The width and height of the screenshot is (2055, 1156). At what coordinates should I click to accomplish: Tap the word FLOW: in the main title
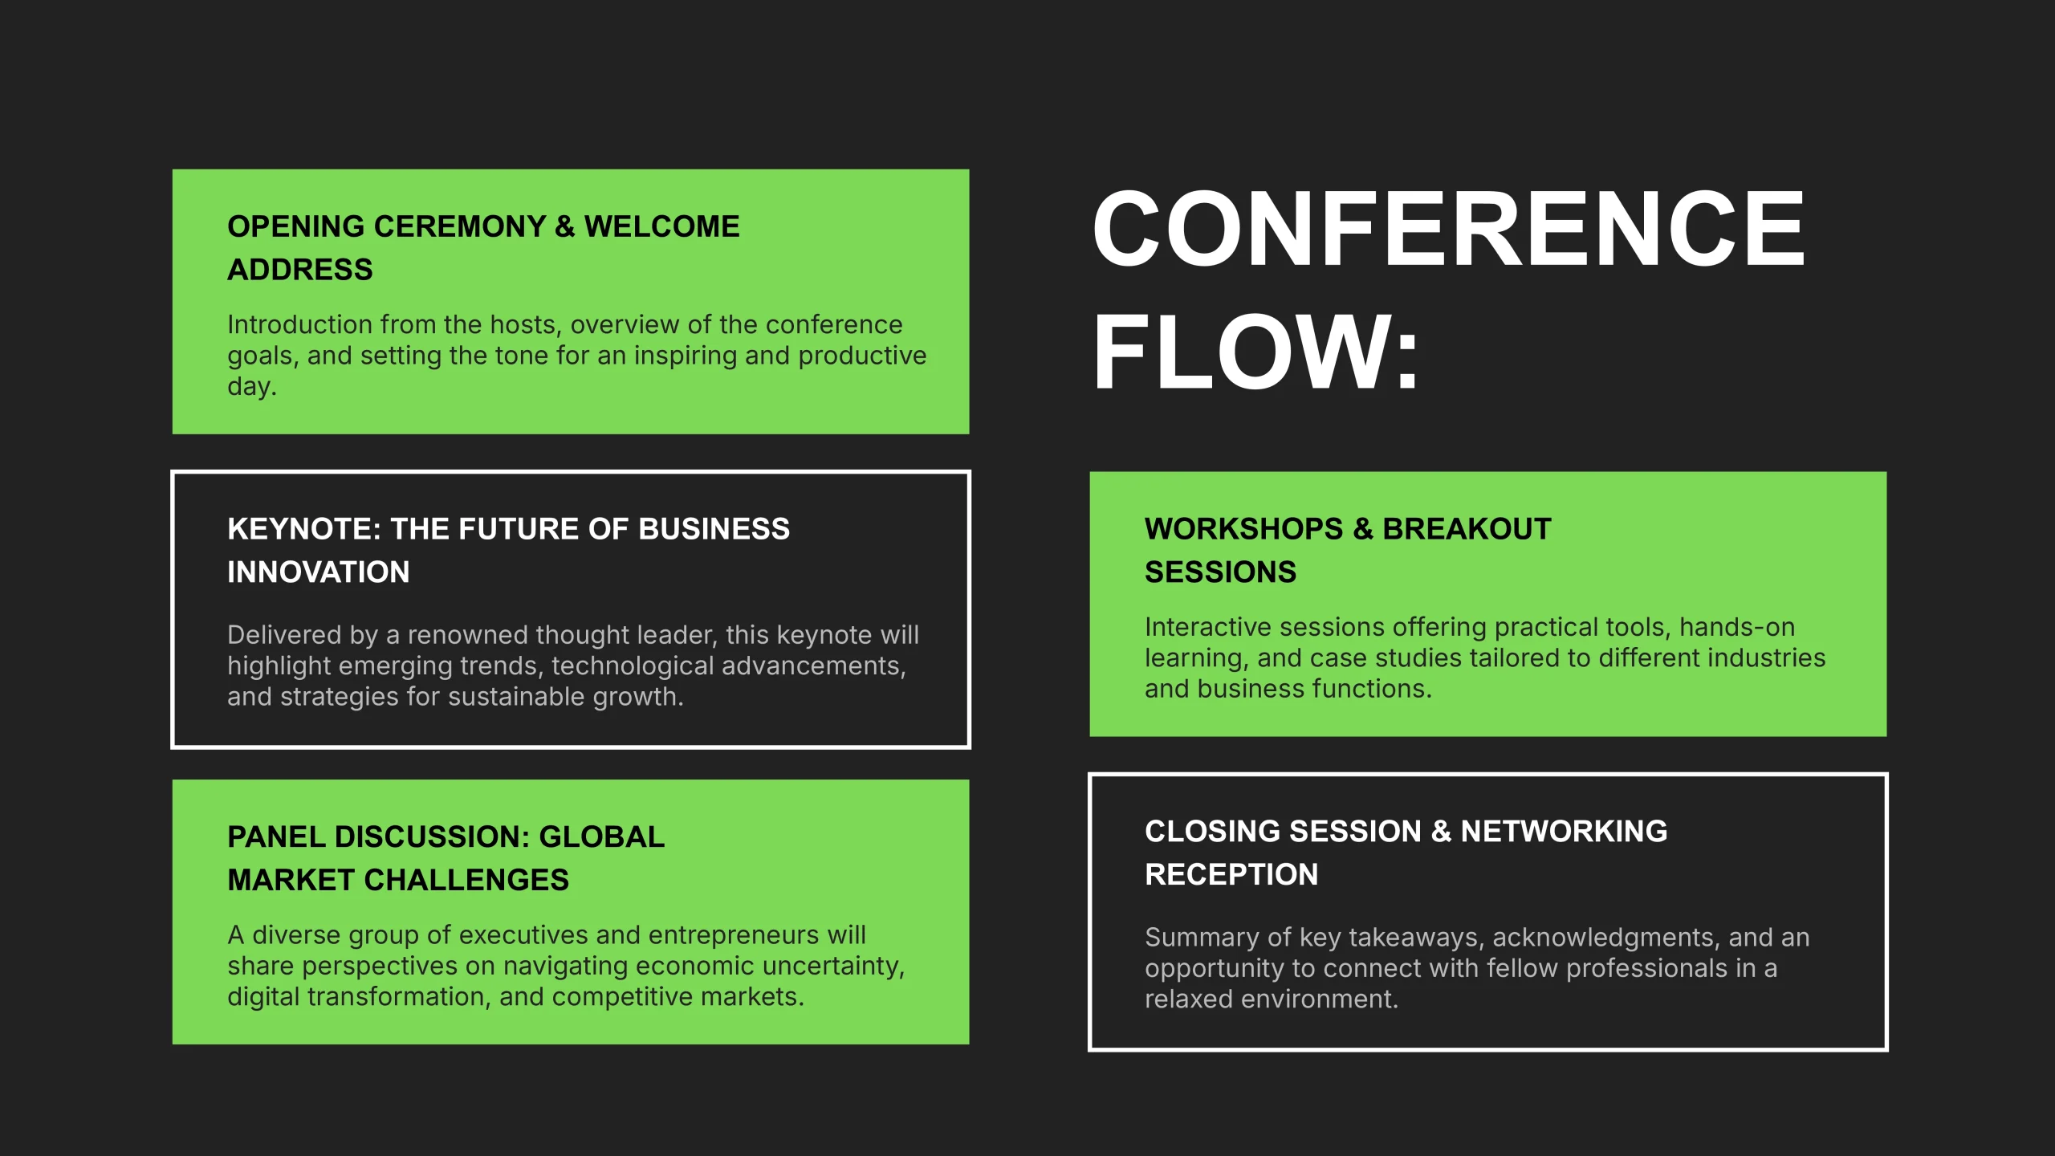click(1256, 352)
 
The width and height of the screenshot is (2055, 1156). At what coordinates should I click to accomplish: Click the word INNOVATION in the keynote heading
click(319, 572)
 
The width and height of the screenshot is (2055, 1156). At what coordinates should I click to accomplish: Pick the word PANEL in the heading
click(275, 837)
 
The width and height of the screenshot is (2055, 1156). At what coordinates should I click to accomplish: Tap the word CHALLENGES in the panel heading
click(466, 881)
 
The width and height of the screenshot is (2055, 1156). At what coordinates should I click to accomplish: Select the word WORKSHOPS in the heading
click(1243, 529)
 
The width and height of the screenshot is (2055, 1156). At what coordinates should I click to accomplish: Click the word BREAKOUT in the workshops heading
click(1467, 529)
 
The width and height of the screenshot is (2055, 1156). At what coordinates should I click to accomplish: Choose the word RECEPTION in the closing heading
click(1231, 875)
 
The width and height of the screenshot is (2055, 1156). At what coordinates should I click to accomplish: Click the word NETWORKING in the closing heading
click(1564, 832)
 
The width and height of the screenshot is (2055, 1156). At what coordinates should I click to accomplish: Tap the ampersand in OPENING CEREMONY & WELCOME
click(565, 226)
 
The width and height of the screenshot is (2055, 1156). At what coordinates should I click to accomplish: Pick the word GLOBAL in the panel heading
click(602, 837)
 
